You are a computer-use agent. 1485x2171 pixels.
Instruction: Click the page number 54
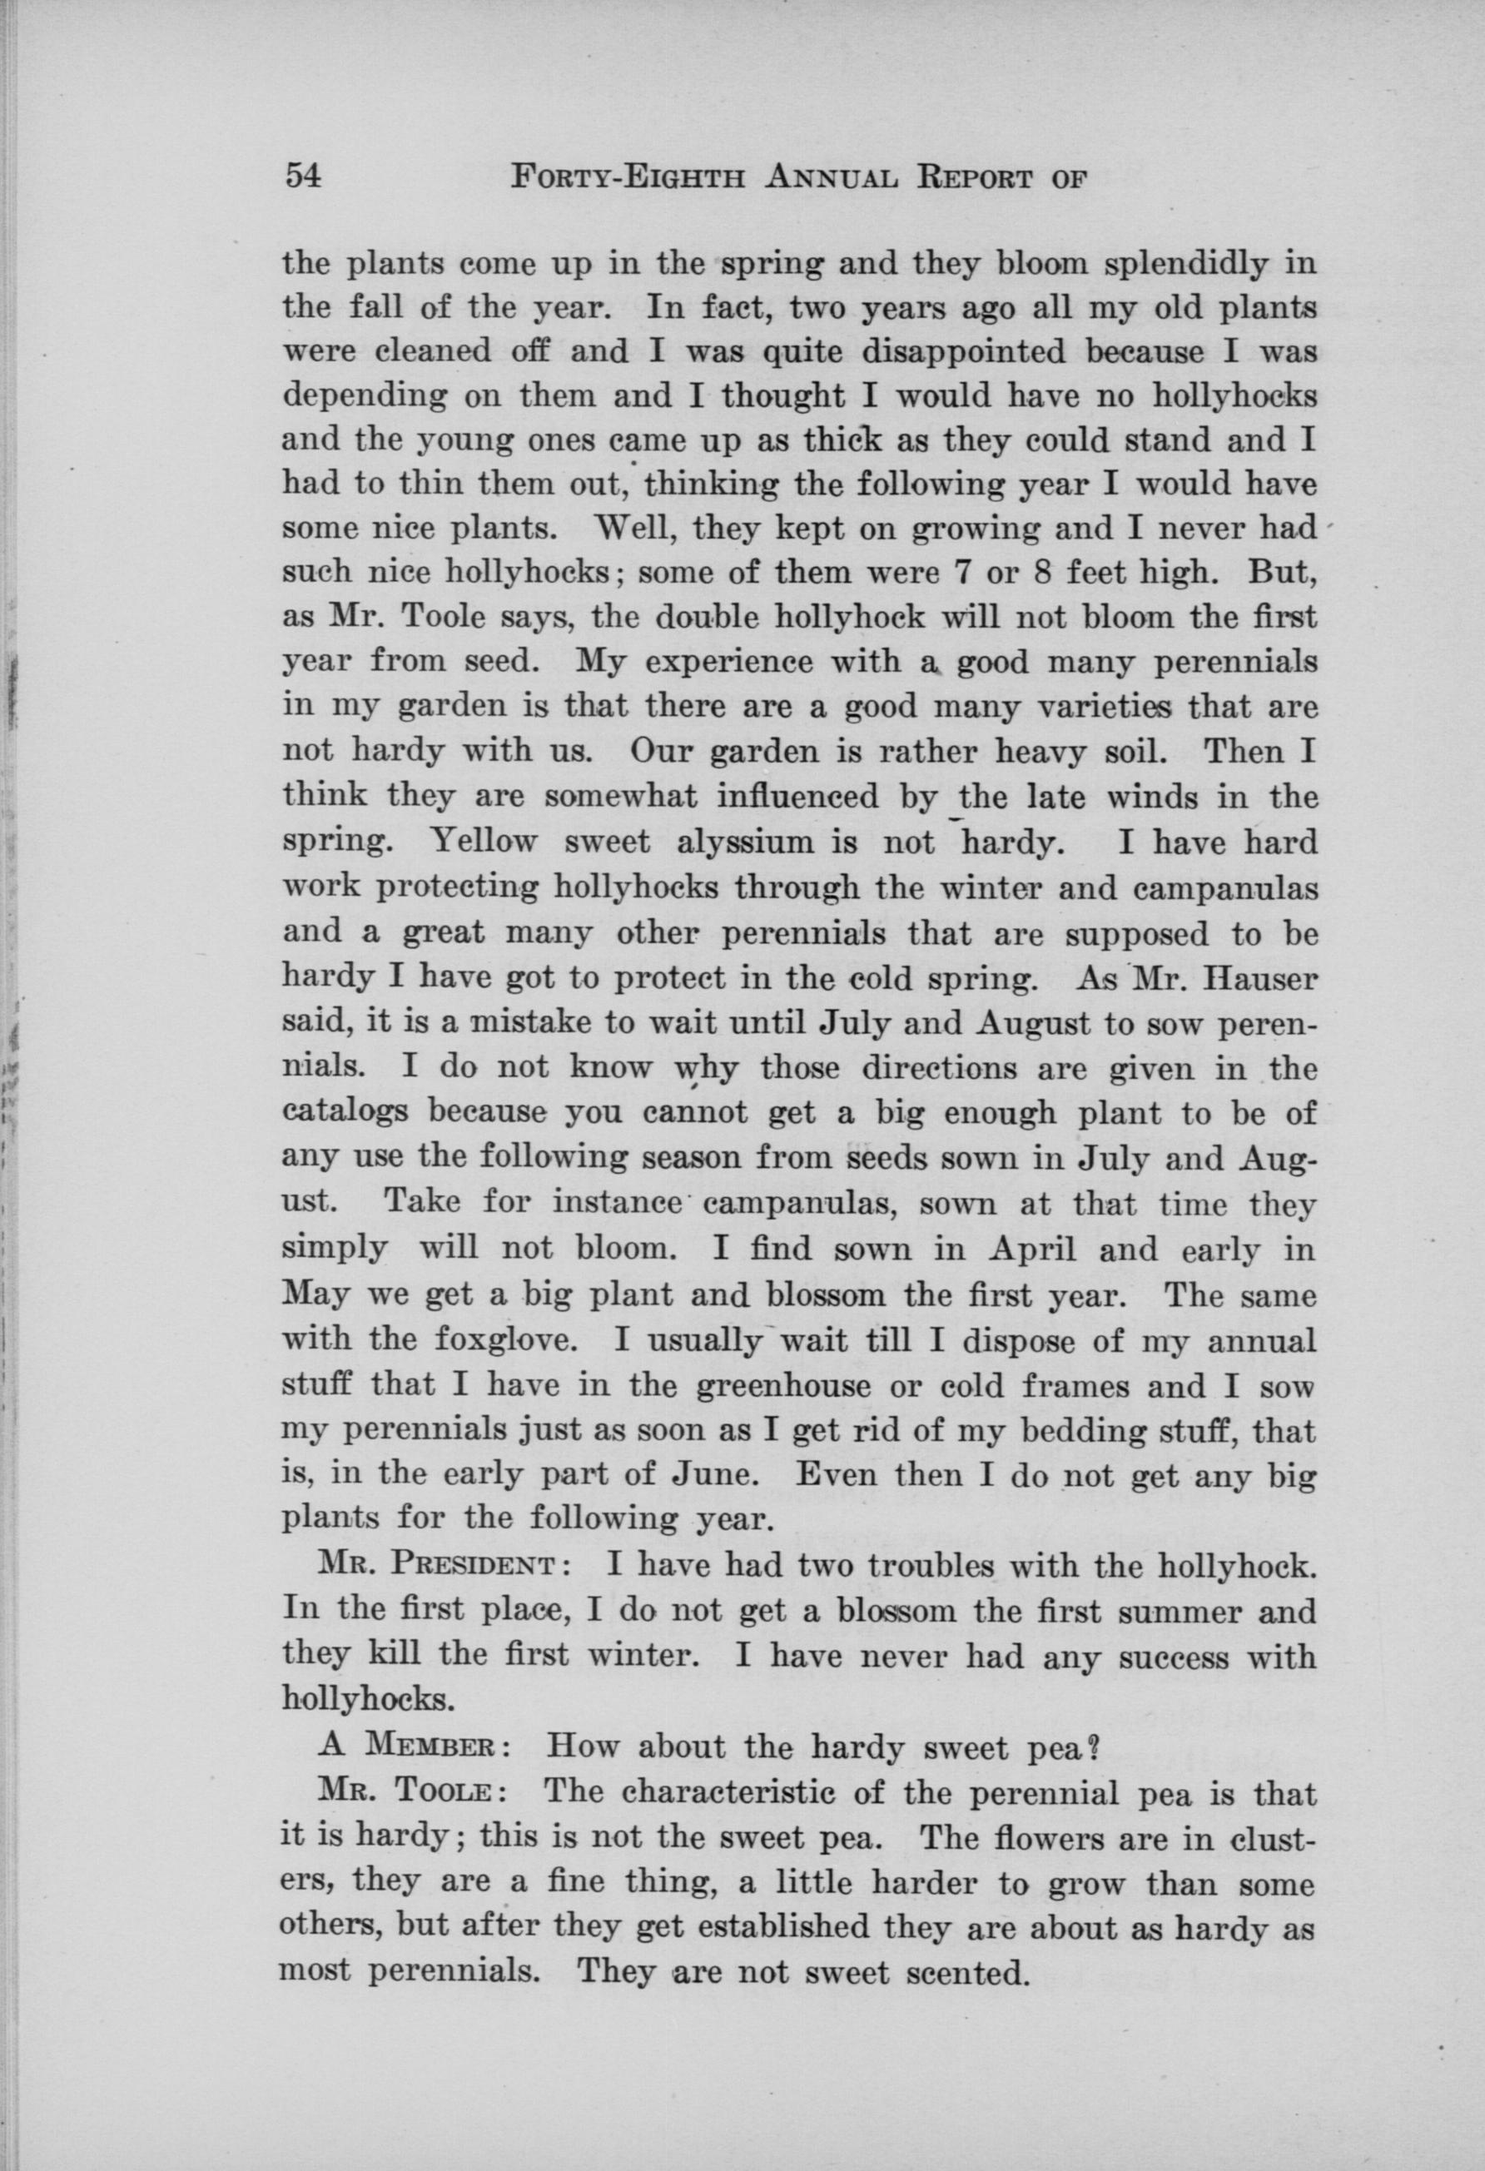303,176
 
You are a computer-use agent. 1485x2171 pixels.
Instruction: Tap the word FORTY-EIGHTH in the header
628,176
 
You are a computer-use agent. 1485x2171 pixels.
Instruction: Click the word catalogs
343,1114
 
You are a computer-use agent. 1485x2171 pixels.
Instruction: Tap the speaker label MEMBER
436,1745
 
